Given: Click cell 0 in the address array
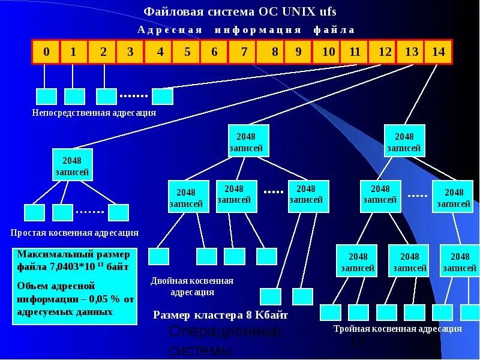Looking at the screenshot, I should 46,52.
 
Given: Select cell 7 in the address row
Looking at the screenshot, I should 244,52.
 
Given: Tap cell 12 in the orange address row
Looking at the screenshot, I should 384,52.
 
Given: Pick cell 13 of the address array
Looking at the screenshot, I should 411,52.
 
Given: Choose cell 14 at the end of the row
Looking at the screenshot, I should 438,52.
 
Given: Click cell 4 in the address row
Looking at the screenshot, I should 160,52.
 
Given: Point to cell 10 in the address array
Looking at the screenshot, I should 328,52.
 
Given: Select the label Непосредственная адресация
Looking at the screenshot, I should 94,112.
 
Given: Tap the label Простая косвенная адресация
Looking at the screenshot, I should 74,232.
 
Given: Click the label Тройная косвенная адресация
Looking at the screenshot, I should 397,329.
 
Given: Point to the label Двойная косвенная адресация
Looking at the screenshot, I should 192,286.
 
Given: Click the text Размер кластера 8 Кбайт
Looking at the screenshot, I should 221,314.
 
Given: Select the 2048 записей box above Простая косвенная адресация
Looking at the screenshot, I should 72,165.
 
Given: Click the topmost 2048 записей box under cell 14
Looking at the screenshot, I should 404,142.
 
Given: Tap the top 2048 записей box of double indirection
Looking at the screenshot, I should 249,142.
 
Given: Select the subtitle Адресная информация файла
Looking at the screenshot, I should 246,29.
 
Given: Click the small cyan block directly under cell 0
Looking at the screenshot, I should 46,96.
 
